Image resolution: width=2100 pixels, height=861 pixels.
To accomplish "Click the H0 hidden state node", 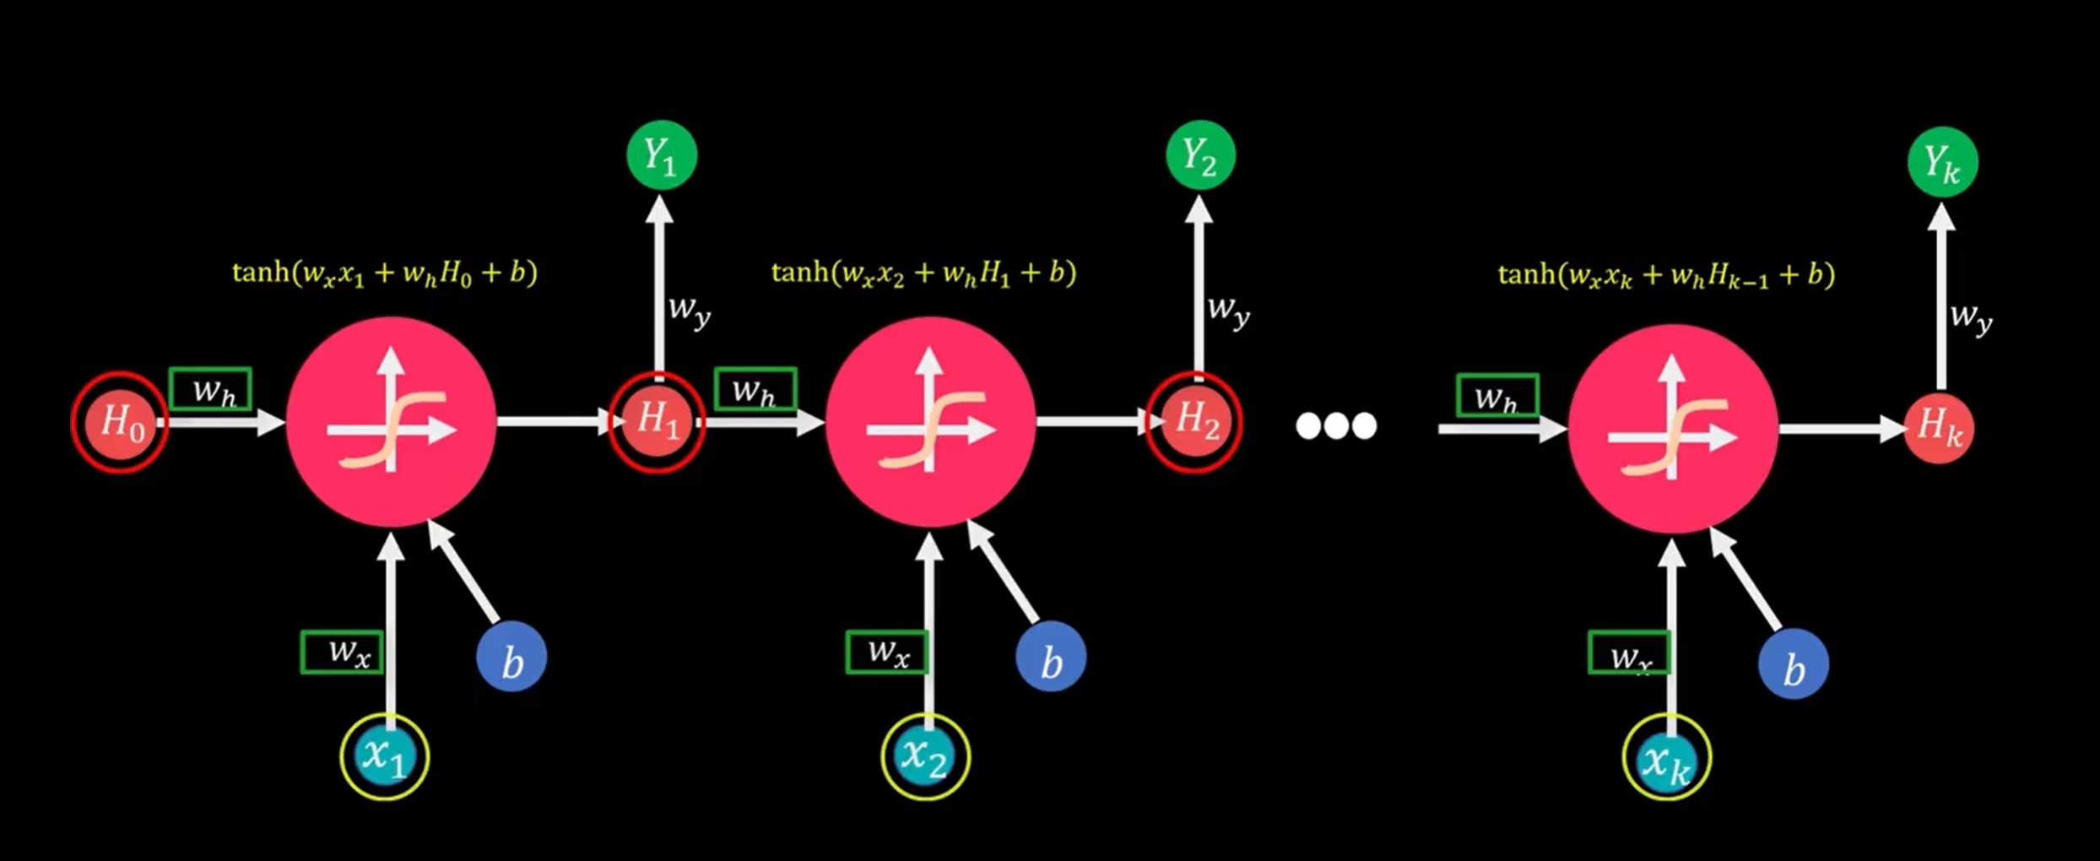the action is click(x=120, y=422).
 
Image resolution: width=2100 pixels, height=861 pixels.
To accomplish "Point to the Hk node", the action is click(x=1940, y=428).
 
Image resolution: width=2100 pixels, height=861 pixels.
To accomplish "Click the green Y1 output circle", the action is click(x=662, y=155).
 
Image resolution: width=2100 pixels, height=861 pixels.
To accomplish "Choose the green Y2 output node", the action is click(x=1200, y=155).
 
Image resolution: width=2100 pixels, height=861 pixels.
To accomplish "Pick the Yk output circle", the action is click(x=1943, y=162).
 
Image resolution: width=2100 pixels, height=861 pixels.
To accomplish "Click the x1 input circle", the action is click(x=385, y=755).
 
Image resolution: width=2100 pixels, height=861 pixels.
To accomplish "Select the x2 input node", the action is click(x=926, y=755).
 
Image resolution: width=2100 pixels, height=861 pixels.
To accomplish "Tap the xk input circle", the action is click(x=1667, y=756).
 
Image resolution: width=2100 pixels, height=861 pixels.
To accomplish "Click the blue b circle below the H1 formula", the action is click(x=1051, y=658).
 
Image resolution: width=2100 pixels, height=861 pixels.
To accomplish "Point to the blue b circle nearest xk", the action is click(x=1794, y=664).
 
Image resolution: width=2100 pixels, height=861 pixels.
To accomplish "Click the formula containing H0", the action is click(x=385, y=273).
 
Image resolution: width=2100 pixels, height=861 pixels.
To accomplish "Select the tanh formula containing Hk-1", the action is click(x=1667, y=275).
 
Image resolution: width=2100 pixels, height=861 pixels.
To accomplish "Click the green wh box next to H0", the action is click(x=210, y=389).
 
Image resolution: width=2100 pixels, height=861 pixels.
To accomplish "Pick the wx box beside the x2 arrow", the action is click(x=887, y=653).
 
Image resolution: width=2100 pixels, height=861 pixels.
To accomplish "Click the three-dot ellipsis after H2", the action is click(x=1336, y=425).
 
